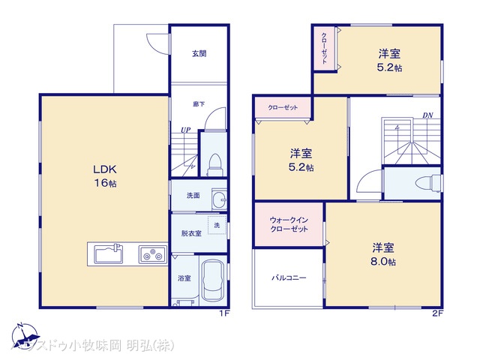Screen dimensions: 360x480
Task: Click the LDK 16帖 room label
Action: tap(103, 175)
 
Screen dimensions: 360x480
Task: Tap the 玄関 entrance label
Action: tap(199, 53)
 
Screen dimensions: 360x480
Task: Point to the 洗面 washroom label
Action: tap(193, 196)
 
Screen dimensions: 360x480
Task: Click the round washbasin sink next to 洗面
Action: tap(217, 199)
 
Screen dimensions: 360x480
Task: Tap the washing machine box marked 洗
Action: tap(217, 226)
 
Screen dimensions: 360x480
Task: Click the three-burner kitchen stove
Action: tap(152, 255)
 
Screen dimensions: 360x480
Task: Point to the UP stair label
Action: tap(184, 130)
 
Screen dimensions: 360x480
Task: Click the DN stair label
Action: tap(427, 115)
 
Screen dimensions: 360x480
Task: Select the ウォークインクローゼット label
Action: tap(289, 223)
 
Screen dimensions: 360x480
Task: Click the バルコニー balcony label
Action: tap(289, 277)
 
